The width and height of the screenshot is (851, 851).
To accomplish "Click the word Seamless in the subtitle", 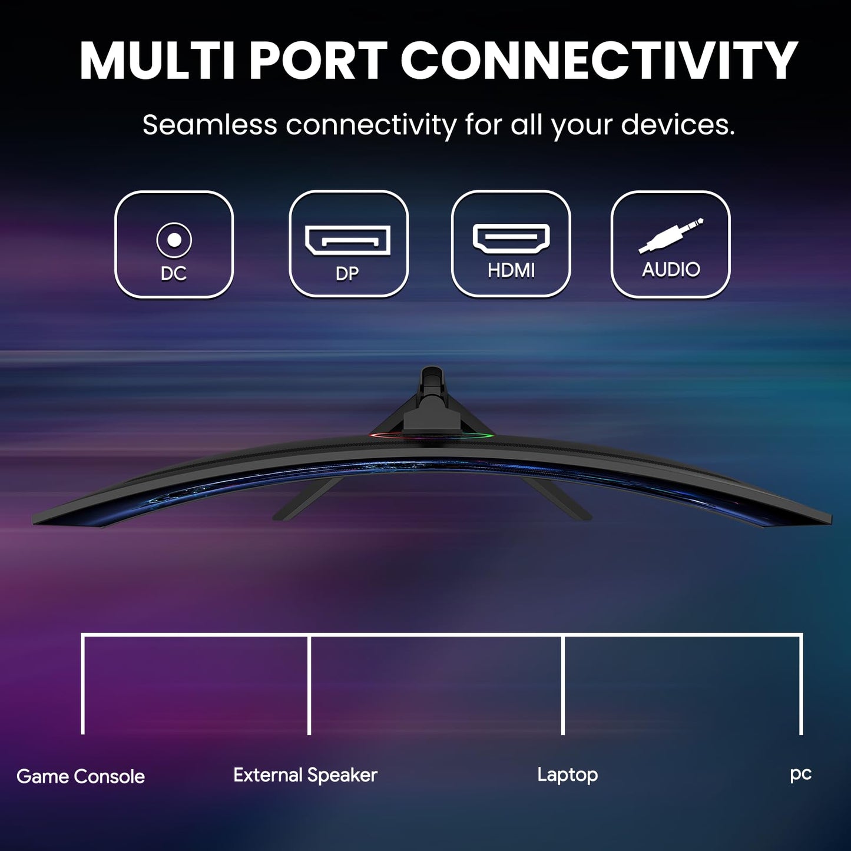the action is (x=210, y=124).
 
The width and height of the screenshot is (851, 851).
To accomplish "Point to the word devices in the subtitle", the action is (x=678, y=124).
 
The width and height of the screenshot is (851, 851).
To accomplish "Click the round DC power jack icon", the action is (x=174, y=240).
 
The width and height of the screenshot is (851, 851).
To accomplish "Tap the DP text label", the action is (x=347, y=274).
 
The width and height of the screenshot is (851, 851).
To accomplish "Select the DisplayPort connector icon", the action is (x=347, y=240).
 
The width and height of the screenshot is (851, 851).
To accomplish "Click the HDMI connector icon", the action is (x=511, y=239).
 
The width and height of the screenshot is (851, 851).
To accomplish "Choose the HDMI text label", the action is (x=511, y=270).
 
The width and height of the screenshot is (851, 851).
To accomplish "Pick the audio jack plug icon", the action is (x=671, y=236).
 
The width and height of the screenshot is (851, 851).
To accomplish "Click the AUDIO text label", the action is (x=671, y=269).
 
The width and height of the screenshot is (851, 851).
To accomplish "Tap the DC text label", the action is (x=174, y=274).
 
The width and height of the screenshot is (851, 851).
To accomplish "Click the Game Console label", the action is (x=81, y=777).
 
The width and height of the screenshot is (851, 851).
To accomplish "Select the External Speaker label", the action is (x=305, y=776).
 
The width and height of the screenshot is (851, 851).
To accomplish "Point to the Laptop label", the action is (x=568, y=776).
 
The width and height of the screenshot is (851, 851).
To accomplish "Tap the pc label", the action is (x=801, y=775).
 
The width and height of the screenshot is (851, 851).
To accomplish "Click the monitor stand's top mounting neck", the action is (x=432, y=398).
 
